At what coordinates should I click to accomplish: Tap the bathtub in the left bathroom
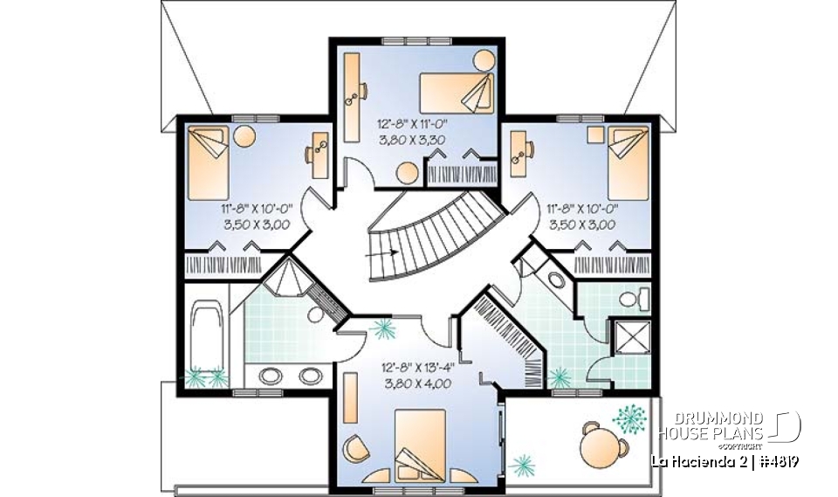[x=207, y=332]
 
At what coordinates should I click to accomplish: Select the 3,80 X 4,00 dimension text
[x=411, y=381]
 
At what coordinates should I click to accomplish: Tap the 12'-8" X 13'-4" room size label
[x=411, y=367]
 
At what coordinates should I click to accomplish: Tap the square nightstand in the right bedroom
[x=595, y=135]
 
